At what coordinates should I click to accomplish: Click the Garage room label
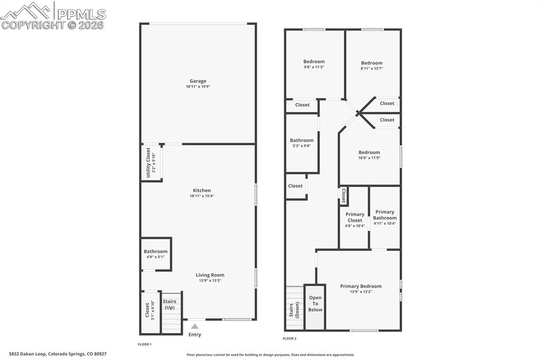[198, 81]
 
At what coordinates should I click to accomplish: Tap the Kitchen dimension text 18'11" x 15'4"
[201, 196]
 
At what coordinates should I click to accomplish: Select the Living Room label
[210, 275]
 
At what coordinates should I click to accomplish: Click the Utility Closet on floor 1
[151, 162]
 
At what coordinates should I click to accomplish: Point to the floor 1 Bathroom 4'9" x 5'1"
[155, 254]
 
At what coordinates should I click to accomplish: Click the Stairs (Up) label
[170, 305]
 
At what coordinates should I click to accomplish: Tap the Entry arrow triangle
[195, 327]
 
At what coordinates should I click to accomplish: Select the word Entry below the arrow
[195, 335]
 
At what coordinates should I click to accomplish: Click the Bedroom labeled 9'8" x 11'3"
[314, 64]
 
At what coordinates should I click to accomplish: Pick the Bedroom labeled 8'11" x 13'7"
[371, 65]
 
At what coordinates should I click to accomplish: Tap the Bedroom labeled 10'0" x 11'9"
[369, 155]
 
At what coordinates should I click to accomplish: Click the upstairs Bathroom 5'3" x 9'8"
[302, 143]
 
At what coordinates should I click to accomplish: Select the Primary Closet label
[355, 217]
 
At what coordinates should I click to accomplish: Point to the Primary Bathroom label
[385, 215]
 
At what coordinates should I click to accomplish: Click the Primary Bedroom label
[360, 286]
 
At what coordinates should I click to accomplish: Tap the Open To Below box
[315, 304]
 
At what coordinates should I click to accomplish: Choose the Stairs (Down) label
[294, 310]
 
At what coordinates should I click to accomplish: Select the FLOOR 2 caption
[290, 338]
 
